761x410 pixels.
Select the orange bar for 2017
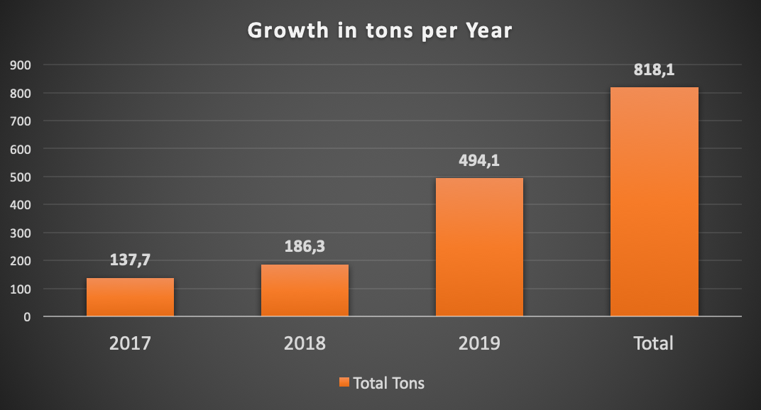[x=130, y=297]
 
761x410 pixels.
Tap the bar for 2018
[x=305, y=290]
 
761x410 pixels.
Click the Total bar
[x=654, y=201]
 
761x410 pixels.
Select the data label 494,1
[x=479, y=160]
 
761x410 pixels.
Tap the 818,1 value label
[x=654, y=70]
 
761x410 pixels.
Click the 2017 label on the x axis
[x=130, y=343]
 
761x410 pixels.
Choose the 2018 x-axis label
[x=305, y=343]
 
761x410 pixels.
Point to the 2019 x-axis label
[x=479, y=343]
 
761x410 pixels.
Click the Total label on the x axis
[x=654, y=343]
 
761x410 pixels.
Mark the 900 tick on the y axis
[x=21, y=65]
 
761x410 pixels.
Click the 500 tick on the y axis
[x=21, y=177]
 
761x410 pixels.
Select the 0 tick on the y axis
[x=27, y=316]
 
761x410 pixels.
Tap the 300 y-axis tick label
[x=21, y=233]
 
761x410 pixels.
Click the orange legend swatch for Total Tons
[x=344, y=383]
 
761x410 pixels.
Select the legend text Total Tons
[x=388, y=383]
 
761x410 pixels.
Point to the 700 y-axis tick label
[x=21, y=121]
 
